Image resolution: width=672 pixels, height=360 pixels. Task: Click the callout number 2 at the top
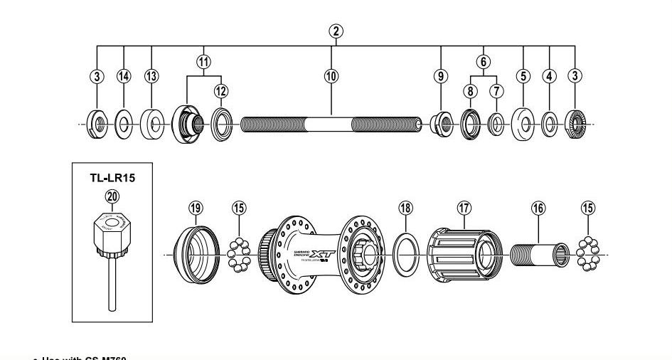click(336, 31)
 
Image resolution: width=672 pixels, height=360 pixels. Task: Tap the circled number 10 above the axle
click(331, 76)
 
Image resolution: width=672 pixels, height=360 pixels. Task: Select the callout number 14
click(124, 76)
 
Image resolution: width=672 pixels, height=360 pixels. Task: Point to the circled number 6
click(483, 62)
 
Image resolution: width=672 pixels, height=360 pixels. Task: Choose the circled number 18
click(405, 208)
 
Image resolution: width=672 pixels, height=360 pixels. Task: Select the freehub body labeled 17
click(462, 253)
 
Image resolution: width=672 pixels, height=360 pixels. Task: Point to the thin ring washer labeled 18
click(405, 255)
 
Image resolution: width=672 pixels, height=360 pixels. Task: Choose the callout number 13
click(151, 76)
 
